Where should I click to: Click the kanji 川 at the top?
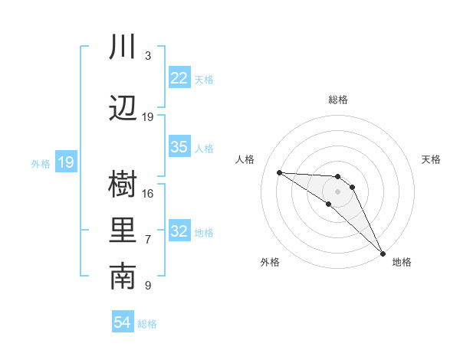[123, 47]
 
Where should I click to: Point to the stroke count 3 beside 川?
[148, 56]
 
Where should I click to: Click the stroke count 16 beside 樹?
[148, 193]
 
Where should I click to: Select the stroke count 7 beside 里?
[148, 240]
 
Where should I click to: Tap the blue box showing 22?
[179, 78]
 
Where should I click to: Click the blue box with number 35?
[179, 147]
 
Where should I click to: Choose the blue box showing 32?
[179, 231]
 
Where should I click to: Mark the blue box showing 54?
[123, 322]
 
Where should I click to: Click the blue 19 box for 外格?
[66, 162]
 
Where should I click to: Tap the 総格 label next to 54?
[147, 324]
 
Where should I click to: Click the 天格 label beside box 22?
[204, 79]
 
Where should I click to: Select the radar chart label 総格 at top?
[338, 100]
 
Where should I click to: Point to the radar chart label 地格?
[402, 262]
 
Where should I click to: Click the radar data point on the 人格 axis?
[279, 172]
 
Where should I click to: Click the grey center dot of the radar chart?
[337, 191]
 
